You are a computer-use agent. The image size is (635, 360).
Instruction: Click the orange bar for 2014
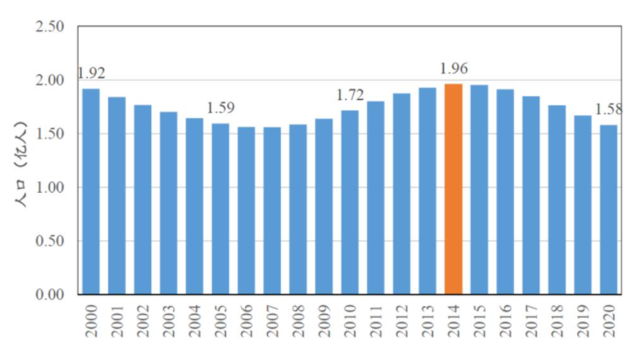[x=454, y=189]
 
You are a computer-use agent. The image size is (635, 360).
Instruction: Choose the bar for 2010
[x=350, y=202]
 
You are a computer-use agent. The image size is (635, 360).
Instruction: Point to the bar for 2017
[x=531, y=195]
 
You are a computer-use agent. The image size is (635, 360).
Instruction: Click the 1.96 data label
[x=454, y=69]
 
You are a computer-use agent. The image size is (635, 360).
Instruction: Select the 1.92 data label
[x=91, y=73]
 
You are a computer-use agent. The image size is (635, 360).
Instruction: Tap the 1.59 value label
[x=221, y=108]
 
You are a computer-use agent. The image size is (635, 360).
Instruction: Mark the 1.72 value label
[x=350, y=95]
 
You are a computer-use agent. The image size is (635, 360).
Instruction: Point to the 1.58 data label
[x=609, y=109]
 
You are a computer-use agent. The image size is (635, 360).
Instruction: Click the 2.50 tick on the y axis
[x=49, y=27]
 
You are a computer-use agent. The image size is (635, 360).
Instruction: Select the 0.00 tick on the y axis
[x=49, y=294]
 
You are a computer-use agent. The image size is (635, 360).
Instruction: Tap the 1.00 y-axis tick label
[x=49, y=188]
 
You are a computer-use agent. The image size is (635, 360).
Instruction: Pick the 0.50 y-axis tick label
[x=49, y=241]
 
